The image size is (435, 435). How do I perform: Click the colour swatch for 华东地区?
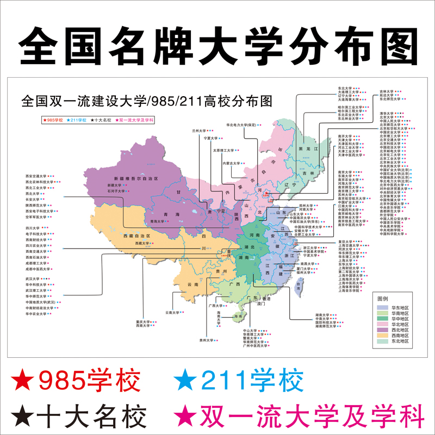pos(383,308)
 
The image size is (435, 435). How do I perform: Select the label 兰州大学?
pos(200,131)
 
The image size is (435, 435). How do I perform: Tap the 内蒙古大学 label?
pos(231,163)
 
